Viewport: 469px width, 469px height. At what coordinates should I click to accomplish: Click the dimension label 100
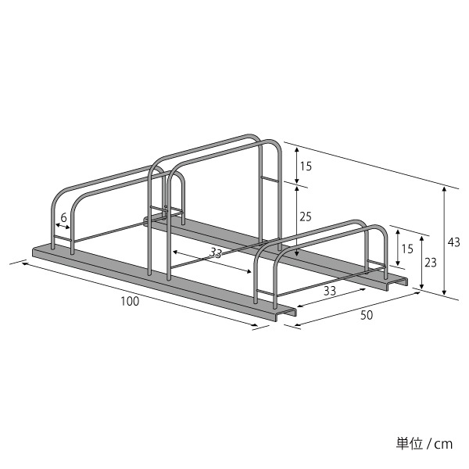pyautogui.click(x=130, y=301)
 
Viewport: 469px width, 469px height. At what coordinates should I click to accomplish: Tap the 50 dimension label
pyautogui.click(x=367, y=315)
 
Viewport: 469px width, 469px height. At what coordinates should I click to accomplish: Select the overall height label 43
pyautogui.click(x=453, y=242)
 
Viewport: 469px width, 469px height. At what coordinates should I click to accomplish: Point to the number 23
pyautogui.click(x=431, y=263)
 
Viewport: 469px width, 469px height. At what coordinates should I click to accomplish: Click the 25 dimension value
pyautogui.click(x=306, y=217)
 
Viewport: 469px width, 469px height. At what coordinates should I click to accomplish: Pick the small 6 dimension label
pyautogui.click(x=63, y=218)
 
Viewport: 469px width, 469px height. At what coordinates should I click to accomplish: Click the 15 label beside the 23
pyautogui.click(x=407, y=249)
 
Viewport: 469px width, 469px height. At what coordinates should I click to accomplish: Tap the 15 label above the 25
pyautogui.click(x=306, y=166)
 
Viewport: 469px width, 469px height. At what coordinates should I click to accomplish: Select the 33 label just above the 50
pyautogui.click(x=330, y=291)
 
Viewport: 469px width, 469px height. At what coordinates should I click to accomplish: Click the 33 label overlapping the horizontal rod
pyautogui.click(x=216, y=252)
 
